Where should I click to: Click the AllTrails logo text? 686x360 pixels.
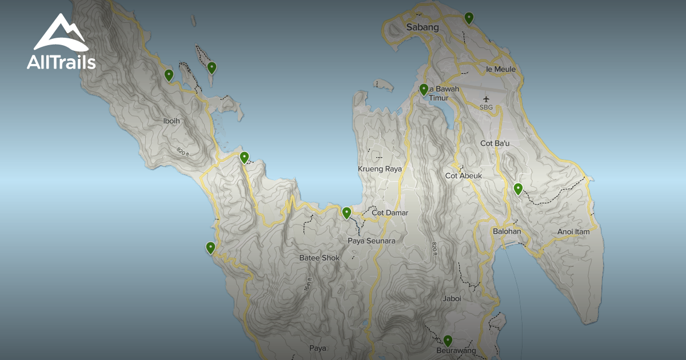[61, 62]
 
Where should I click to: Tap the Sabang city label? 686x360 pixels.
[422, 27]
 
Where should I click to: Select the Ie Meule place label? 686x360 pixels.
[500, 69]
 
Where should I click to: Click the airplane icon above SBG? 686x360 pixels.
[486, 99]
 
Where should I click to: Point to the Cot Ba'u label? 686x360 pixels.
[494, 143]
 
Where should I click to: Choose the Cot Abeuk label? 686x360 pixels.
[463, 176]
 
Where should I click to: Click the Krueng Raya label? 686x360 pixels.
[380, 169]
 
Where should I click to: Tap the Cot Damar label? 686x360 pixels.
[390, 213]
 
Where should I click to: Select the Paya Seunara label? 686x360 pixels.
[371, 241]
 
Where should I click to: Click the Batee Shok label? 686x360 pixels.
[319, 258]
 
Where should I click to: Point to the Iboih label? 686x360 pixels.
[172, 122]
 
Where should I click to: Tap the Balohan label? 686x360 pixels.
[506, 231]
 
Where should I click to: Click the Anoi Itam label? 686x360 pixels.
[573, 232]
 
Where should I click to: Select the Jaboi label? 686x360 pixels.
[452, 298]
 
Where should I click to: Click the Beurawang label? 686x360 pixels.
[456, 350]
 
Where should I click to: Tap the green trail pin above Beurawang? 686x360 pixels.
[448, 341]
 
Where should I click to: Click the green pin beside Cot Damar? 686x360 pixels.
[346, 213]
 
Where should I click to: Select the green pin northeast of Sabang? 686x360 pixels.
[469, 18]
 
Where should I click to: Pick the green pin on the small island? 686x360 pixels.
[212, 68]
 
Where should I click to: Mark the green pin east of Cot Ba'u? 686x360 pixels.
[518, 189]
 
